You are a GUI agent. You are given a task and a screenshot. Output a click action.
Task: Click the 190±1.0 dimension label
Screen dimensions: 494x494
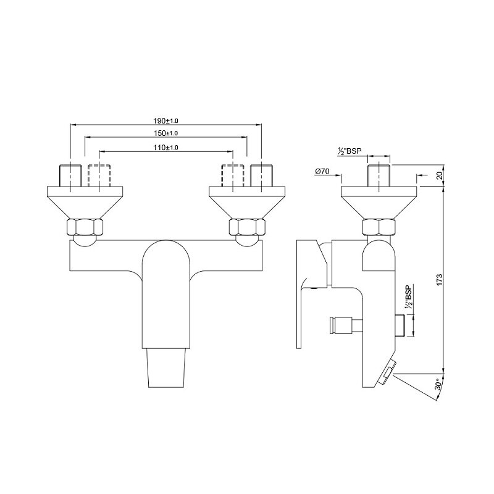(165, 120)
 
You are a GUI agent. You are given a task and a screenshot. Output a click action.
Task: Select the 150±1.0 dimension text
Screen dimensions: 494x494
(165, 133)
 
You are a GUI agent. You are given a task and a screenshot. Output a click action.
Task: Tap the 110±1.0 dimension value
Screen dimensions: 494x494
(165, 148)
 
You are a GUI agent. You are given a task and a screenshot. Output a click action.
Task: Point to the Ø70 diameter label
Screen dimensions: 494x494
(322, 172)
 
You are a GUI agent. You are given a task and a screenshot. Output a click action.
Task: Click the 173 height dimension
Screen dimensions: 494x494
(440, 280)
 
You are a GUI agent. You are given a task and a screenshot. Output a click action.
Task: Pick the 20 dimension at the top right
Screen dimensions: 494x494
(440, 175)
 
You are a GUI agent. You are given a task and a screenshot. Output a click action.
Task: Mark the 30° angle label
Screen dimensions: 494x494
(438, 384)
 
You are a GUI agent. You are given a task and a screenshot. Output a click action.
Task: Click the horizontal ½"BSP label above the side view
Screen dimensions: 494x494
(349, 151)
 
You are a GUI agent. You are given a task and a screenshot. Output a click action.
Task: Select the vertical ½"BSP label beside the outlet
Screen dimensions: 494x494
(409, 297)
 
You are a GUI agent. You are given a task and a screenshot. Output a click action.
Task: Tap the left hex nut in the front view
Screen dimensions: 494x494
(85, 227)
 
